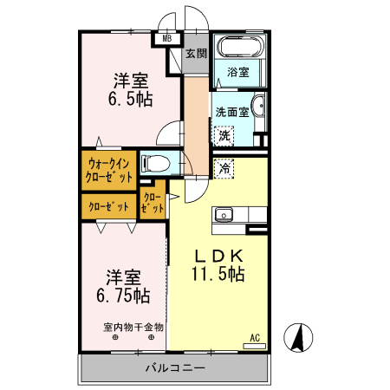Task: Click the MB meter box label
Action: point(166,39)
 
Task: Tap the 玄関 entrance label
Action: point(196,54)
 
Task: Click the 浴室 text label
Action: point(238,73)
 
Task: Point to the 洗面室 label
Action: point(232,112)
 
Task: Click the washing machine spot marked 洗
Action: point(224,135)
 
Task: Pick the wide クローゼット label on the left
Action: point(107,207)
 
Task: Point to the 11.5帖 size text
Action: point(218,275)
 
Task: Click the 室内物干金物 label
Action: point(133,327)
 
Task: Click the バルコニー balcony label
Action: point(174,368)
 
